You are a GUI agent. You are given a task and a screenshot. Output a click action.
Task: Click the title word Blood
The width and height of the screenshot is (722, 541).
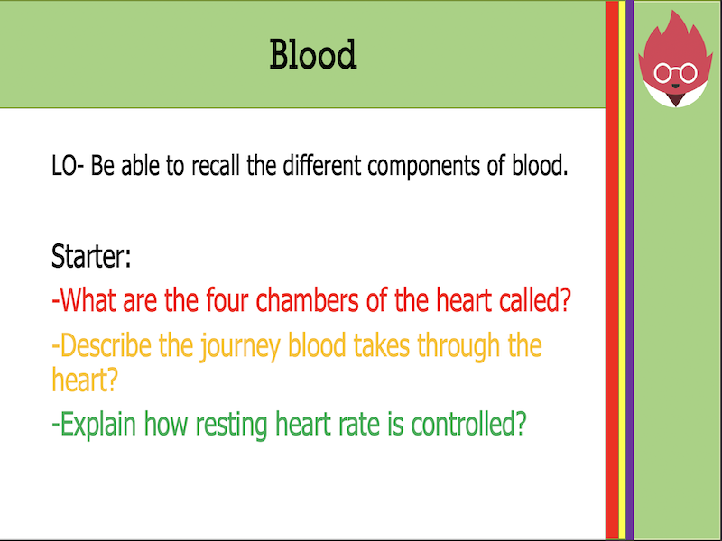point(313,55)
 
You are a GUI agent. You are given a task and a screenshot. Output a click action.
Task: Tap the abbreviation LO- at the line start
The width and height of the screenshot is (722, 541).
point(69,168)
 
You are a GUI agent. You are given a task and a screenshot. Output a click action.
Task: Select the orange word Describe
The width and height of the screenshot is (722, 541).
point(103,346)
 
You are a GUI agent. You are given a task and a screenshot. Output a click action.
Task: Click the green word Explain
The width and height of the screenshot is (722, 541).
point(95,425)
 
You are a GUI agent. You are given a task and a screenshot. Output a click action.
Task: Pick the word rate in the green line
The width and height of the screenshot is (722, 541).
point(360,425)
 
